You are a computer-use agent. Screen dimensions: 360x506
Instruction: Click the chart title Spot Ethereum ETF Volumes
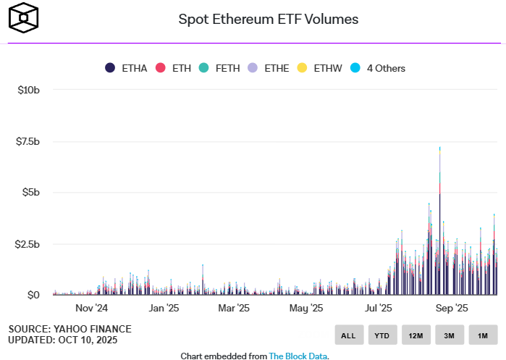269,20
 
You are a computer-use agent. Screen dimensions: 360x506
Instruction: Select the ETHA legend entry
127,68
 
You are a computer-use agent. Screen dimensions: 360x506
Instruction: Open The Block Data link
298,356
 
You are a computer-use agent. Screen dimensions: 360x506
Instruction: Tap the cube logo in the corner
23,17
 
